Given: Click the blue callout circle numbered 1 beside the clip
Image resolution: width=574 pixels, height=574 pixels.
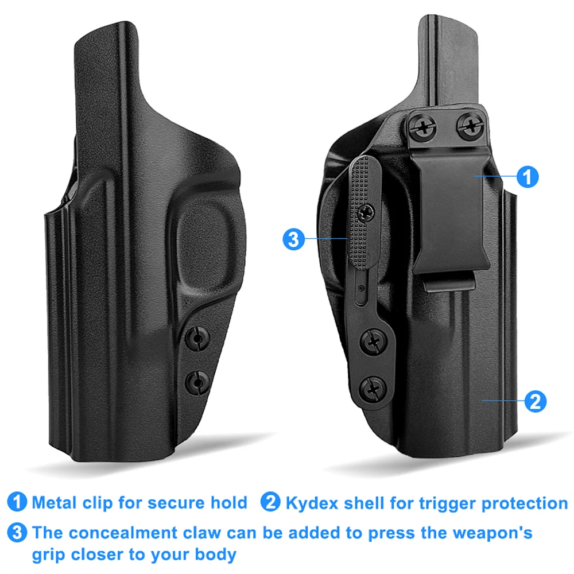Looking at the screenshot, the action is (x=527, y=177).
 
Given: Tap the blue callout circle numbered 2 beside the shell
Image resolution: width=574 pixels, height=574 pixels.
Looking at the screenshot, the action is (x=535, y=401).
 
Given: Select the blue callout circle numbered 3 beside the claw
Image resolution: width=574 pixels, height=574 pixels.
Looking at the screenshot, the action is (x=293, y=239).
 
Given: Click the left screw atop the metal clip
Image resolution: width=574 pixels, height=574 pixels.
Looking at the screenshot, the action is (x=422, y=128).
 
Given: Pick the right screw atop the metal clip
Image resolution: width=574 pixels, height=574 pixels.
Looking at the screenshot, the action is (x=471, y=126).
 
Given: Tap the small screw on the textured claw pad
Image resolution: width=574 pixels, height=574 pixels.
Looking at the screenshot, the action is (x=366, y=212).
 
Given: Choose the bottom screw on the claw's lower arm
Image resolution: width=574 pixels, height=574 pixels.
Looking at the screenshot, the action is (x=373, y=389).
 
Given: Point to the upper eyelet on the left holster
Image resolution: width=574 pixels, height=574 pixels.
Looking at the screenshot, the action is (x=197, y=339).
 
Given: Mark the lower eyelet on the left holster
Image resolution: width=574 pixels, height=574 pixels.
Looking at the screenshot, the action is (x=197, y=382).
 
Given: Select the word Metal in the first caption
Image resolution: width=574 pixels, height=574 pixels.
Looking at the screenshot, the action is (x=54, y=503).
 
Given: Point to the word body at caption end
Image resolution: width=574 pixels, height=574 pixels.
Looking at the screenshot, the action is (x=215, y=555).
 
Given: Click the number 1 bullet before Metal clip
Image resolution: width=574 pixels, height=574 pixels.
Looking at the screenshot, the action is (x=17, y=502).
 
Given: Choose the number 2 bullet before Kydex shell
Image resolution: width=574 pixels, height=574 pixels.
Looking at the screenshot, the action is (x=270, y=502).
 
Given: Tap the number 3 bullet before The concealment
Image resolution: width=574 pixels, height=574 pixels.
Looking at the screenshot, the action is (x=17, y=532).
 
